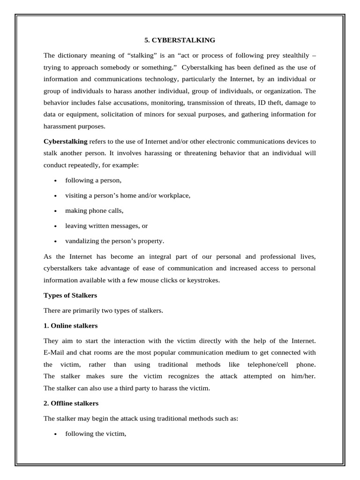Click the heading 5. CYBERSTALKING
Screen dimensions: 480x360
180,40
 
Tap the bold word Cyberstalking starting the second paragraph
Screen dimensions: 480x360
65,141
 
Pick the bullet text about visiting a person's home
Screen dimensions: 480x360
127,195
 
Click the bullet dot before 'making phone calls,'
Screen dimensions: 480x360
55,211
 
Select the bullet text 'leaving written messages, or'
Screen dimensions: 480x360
106,225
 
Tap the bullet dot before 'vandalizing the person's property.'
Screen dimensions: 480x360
55,241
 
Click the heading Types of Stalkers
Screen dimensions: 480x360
70,295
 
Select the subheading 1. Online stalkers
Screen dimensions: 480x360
70,325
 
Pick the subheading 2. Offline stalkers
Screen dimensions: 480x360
71,403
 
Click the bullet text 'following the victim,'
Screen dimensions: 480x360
96,434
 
